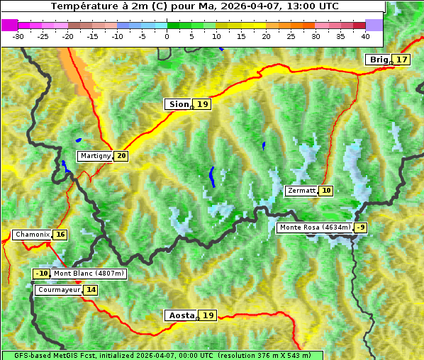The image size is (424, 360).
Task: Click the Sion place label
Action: pos(178,104)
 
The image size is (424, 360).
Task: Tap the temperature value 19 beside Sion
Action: pos(203,104)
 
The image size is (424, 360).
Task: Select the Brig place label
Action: pos(378,60)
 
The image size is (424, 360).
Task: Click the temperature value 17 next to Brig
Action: pos(402,60)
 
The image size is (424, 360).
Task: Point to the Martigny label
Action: pos(95,156)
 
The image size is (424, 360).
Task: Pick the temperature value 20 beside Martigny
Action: pos(121,156)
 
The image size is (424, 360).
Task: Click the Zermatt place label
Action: pos(301,191)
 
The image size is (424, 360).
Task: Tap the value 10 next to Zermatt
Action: pos(326,191)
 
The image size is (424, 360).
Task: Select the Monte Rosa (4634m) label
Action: pos(315,227)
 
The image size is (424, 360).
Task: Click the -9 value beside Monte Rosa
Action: pos(362,227)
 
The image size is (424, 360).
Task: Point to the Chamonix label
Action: pos(32,235)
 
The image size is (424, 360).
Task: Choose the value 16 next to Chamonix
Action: pos(60,235)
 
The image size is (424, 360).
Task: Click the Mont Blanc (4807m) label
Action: pos(89,274)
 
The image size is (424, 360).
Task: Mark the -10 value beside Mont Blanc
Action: pos(43,274)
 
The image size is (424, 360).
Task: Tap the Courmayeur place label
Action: pos(58,290)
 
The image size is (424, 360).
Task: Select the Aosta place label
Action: pos(180,315)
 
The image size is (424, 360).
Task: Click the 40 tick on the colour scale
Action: pos(365,35)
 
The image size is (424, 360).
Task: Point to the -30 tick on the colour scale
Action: pos(18,35)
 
